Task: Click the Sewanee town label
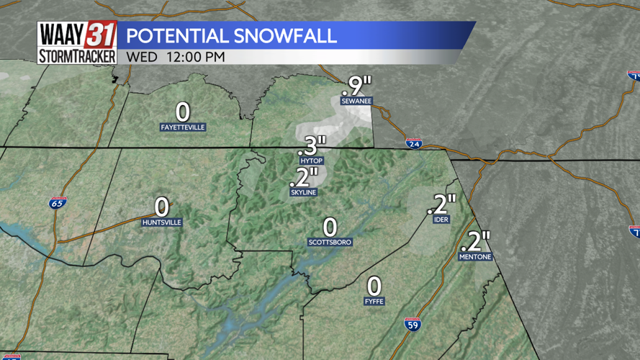(x=356, y=102)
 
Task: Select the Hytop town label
(x=311, y=161)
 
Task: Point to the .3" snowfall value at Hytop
(x=312, y=145)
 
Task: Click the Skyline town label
(x=304, y=192)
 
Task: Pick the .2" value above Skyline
(x=304, y=177)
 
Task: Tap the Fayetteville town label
(x=183, y=127)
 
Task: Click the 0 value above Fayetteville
(x=183, y=112)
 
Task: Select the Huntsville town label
(x=162, y=222)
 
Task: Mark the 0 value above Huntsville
(x=162, y=207)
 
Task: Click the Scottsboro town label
(x=330, y=242)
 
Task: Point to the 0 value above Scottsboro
(x=330, y=227)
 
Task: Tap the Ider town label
(x=441, y=220)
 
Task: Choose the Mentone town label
(x=476, y=256)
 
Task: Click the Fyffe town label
(x=374, y=301)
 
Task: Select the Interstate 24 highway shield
(x=413, y=143)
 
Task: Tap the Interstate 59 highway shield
(x=413, y=324)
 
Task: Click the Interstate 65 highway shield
(x=58, y=204)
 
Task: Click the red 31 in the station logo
(x=100, y=35)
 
